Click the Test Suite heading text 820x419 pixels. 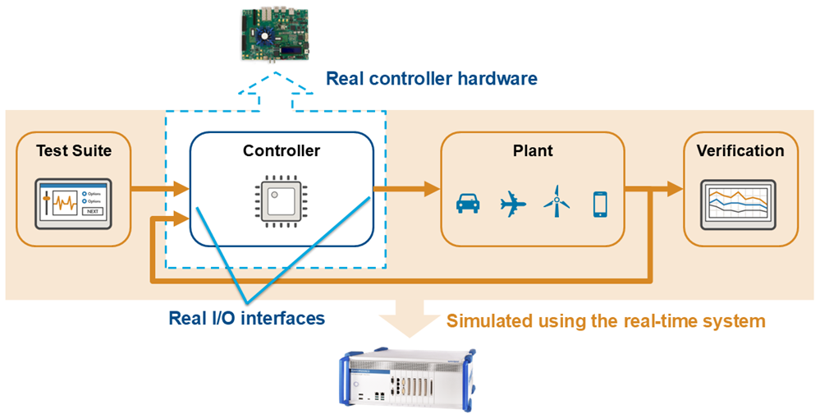pos(74,150)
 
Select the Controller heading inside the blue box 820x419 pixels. pos(282,150)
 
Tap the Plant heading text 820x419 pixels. pos(533,150)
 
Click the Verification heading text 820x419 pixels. pos(740,150)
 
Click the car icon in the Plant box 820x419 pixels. pos(468,204)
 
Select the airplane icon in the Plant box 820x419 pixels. pos(514,204)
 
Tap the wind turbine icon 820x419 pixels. pos(557,202)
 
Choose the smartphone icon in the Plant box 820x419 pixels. pos(599,204)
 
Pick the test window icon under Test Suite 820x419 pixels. pos(74,204)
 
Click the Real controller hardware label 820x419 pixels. pos(431,79)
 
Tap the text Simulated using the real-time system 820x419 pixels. pos(606,320)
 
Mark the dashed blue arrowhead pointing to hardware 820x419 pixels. pos(277,81)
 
